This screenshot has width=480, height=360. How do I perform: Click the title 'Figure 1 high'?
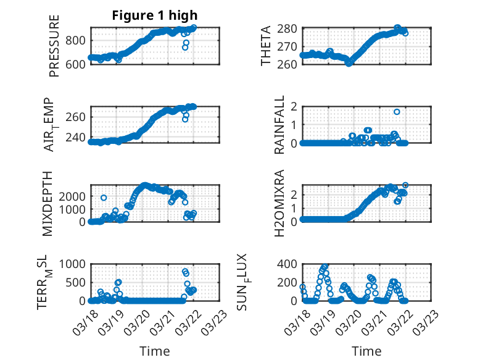point(155,15)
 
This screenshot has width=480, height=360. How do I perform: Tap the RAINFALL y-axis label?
point(279,124)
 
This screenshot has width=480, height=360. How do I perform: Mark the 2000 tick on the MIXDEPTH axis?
point(73,196)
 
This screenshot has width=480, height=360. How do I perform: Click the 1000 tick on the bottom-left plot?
point(73,264)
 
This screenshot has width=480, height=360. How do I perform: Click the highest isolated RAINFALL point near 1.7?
point(397,112)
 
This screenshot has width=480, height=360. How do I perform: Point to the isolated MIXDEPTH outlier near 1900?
point(104,198)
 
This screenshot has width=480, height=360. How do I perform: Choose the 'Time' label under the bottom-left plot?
point(155,351)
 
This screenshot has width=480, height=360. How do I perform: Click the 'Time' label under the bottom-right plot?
point(366,351)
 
